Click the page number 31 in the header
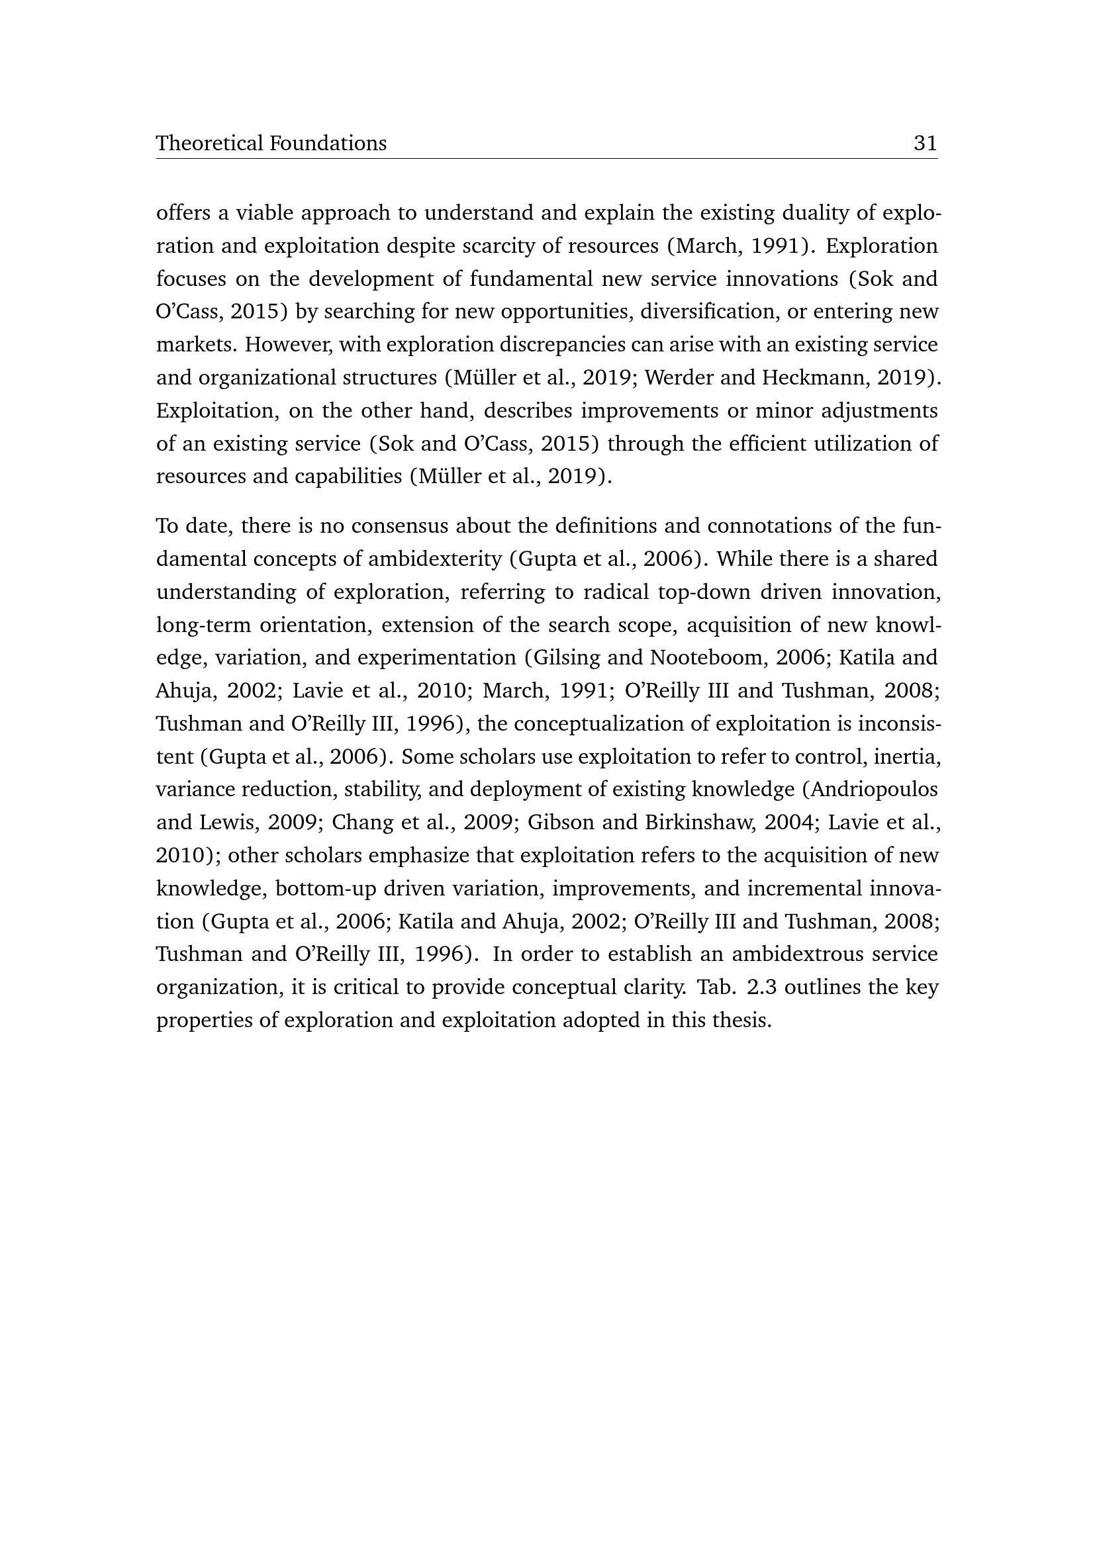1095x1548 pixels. [x=925, y=143]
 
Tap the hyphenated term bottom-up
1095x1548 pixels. [x=326, y=889]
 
